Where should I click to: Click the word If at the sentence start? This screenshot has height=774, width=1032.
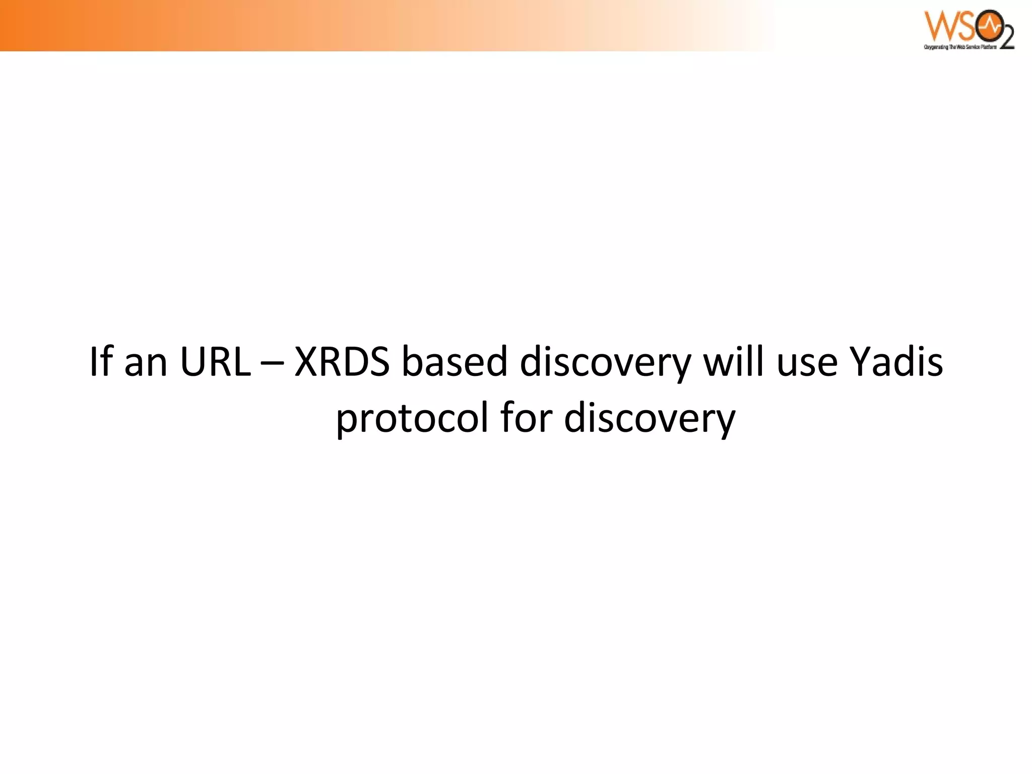click(x=100, y=361)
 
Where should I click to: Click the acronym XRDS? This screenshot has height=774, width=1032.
click(x=342, y=361)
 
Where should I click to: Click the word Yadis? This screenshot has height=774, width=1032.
click(x=896, y=361)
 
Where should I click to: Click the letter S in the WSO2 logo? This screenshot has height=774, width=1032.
click(x=965, y=26)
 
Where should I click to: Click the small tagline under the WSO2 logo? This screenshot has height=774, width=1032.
click(x=960, y=47)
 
